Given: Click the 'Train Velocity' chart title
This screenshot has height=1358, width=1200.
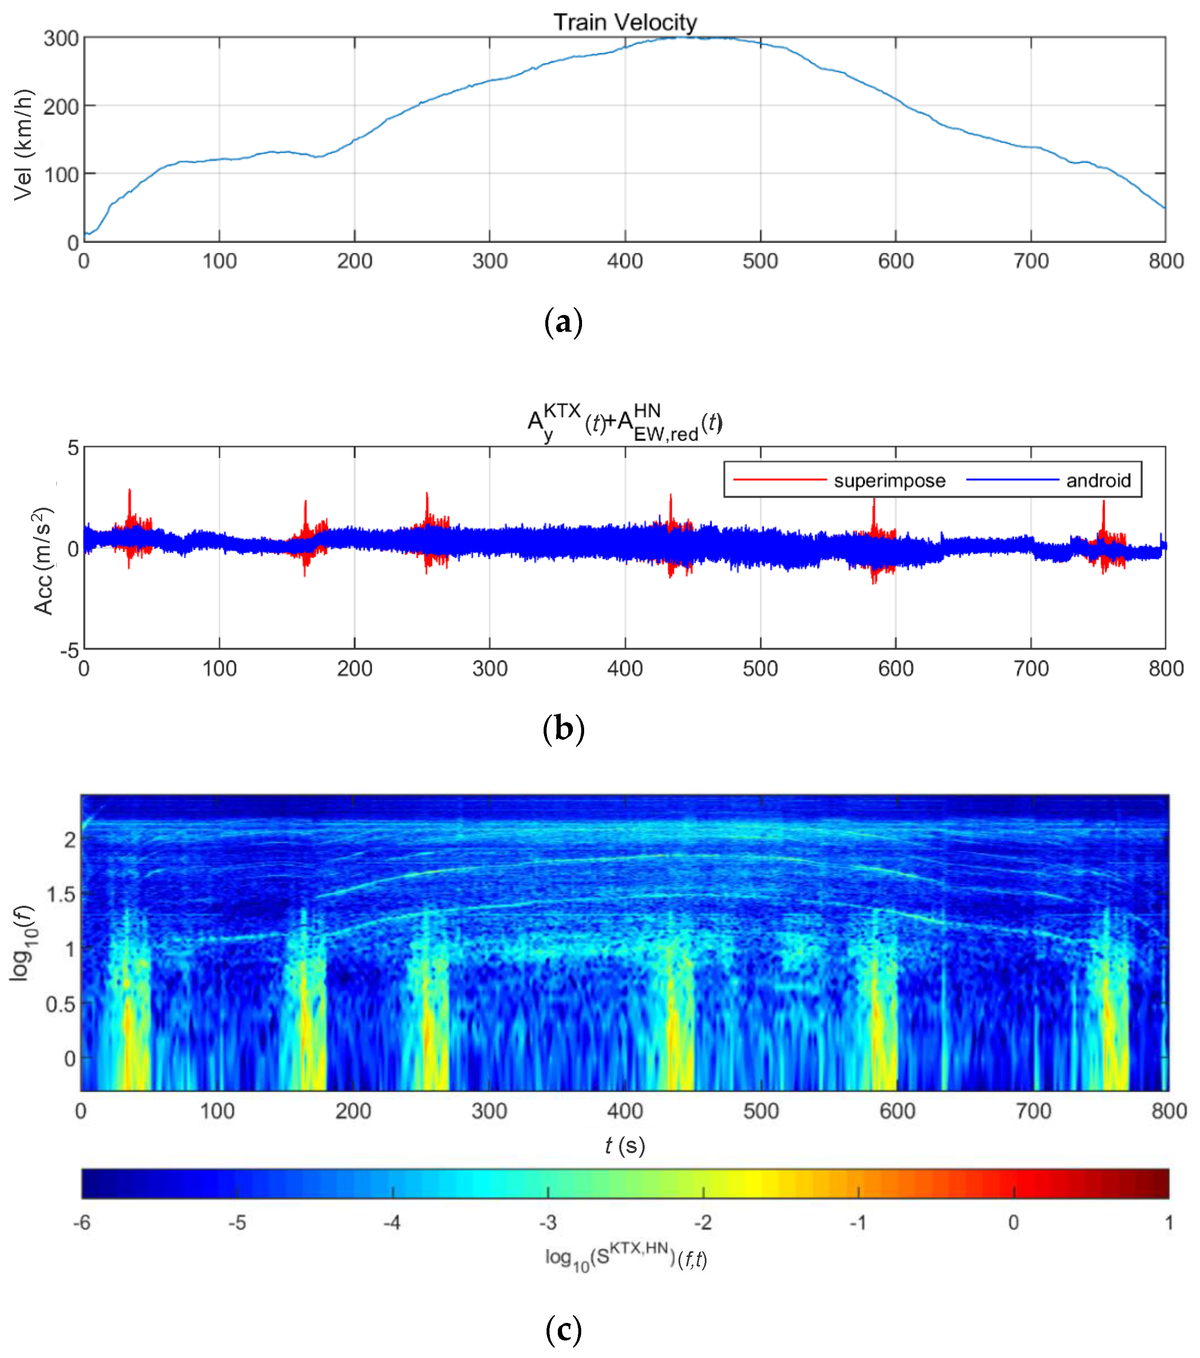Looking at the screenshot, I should point(625,23).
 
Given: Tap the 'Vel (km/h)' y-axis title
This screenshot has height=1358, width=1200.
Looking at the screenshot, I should point(23,144).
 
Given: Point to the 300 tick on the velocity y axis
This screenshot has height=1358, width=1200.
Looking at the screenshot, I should point(61,38).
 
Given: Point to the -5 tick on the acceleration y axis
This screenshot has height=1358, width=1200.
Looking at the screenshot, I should point(70,650).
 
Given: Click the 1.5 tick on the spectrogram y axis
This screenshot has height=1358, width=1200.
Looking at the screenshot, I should point(61,894).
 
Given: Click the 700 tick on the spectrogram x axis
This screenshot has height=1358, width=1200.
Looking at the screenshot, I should point(1033,1111).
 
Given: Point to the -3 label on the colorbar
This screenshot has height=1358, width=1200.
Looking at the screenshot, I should point(548,1222).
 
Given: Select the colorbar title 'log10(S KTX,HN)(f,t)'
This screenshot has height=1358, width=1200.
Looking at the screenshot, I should point(625,1258).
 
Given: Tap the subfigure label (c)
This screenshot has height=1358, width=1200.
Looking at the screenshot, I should point(563,1330).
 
